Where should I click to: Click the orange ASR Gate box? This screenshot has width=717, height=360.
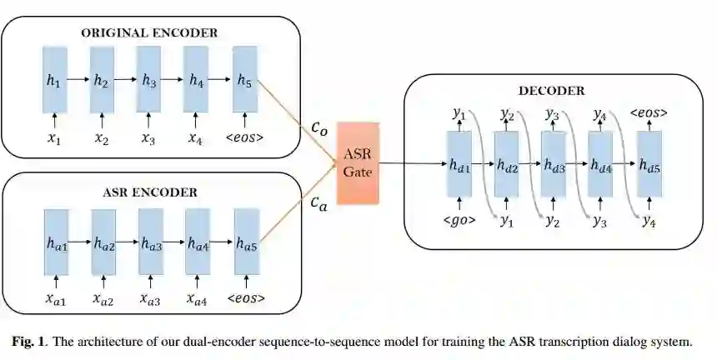[358, 162]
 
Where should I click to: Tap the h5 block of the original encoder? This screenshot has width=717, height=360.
[244, 80]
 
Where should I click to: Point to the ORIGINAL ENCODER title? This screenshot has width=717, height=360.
[149, 32]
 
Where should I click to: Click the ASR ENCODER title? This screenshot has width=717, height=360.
[150, 192]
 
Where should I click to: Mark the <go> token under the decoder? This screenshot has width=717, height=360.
[459, 221]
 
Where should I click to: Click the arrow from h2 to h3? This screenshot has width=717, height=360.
[126, 80]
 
